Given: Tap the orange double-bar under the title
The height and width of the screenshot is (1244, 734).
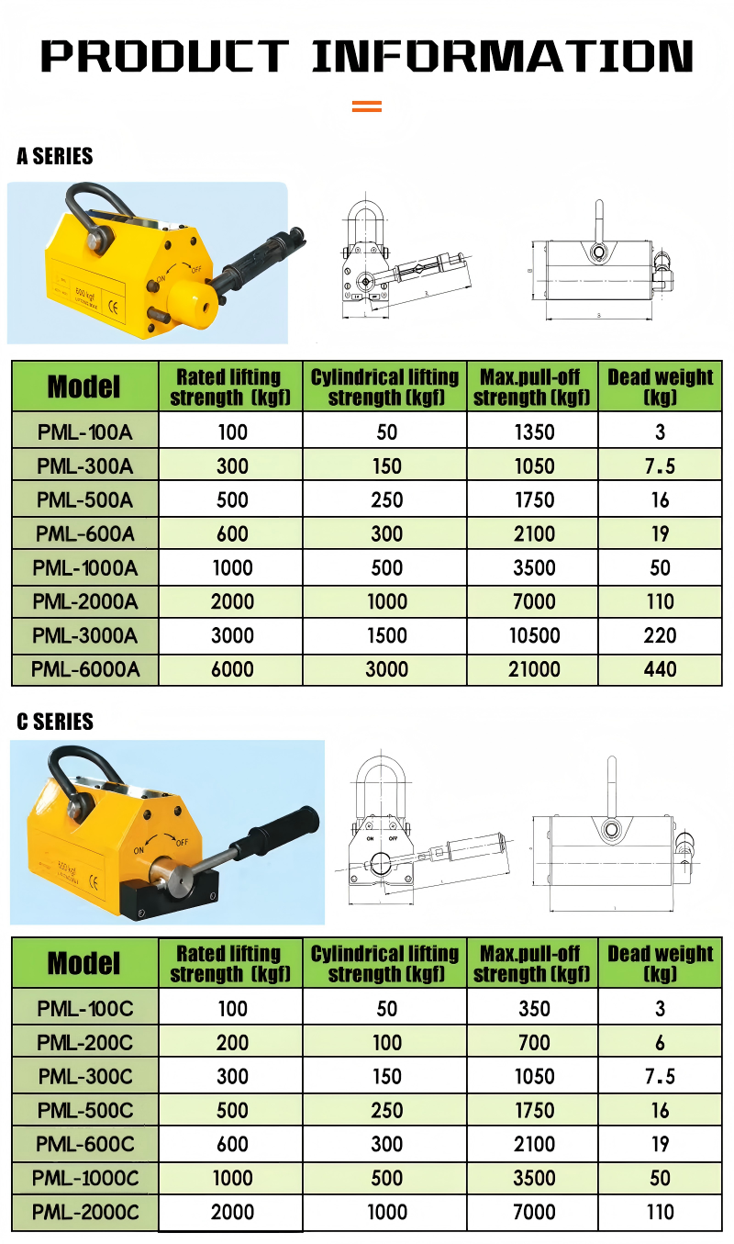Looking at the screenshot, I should pyautogui.click(x=367, y=106).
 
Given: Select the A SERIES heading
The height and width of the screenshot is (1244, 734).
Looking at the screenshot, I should pyautogui.click(x=55, y=157).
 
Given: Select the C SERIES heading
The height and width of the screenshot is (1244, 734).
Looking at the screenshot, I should pyautogui.click(x=55, y=723).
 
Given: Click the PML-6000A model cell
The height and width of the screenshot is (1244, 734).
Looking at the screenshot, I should pyautogui.click(x=84, y=669).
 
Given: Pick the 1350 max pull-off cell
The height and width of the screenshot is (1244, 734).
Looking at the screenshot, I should pyautogui.click(x=533, y=432).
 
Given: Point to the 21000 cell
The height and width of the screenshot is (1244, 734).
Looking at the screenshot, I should pyautogui.click(x=533, y=669).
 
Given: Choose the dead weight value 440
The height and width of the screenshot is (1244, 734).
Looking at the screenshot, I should pyautogui.click(x=660, y=669).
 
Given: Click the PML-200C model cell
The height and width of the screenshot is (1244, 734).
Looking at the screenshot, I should pyautogui.click(x=84, y=1043).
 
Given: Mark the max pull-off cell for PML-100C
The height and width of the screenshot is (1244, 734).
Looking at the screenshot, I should pyautogui.click(x=533, y=1009).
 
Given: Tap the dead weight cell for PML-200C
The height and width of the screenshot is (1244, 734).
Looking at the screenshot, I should pyautogui.click(x=660, y=1043).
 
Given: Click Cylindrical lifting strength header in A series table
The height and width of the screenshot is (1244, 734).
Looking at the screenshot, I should pyautogui.click(x=385, y=387).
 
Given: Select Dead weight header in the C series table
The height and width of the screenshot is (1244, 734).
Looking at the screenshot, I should pyautogui.click(x=660, y=963).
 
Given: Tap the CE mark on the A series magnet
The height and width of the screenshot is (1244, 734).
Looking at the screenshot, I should pyautogui.click(x=114, y=306).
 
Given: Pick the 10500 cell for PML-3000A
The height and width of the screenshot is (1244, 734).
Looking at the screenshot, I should pyautogui.click(x=533, y=635).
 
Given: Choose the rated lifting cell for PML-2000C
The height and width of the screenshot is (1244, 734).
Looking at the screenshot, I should pyautogui.click(x=232, y=1212).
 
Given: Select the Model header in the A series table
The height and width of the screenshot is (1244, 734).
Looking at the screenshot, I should pyautogui.click(x=84, y=387).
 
